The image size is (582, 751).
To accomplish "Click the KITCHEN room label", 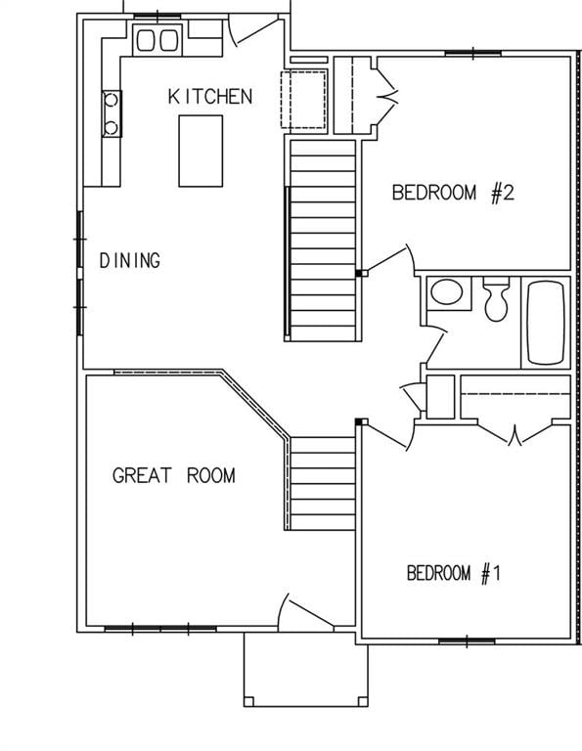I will [x=210, y=96].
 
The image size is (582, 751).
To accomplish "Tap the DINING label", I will [x=130, y=260].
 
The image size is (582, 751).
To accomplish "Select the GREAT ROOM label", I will [x=174, y=476].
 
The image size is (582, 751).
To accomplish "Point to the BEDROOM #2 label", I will [x=453, y=192].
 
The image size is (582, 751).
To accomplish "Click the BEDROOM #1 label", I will [x=454, y=573].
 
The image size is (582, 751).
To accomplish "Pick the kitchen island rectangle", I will [x=201, y=151].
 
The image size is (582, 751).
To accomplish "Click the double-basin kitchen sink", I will [x=157, y=40].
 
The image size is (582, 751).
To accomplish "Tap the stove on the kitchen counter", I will [x=112, y=112].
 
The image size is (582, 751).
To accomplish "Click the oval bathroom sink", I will [x=448, y=292].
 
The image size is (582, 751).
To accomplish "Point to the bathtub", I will [x=546, y=322].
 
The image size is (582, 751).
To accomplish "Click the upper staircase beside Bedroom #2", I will [x=322, y=240].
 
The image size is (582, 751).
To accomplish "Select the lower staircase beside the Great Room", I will [x=322, y=483].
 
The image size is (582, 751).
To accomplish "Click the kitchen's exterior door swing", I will [x=252, y=29].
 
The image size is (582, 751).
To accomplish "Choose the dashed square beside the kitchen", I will [x=304, y=99].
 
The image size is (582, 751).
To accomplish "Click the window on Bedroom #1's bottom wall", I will [x=466, y=641].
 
